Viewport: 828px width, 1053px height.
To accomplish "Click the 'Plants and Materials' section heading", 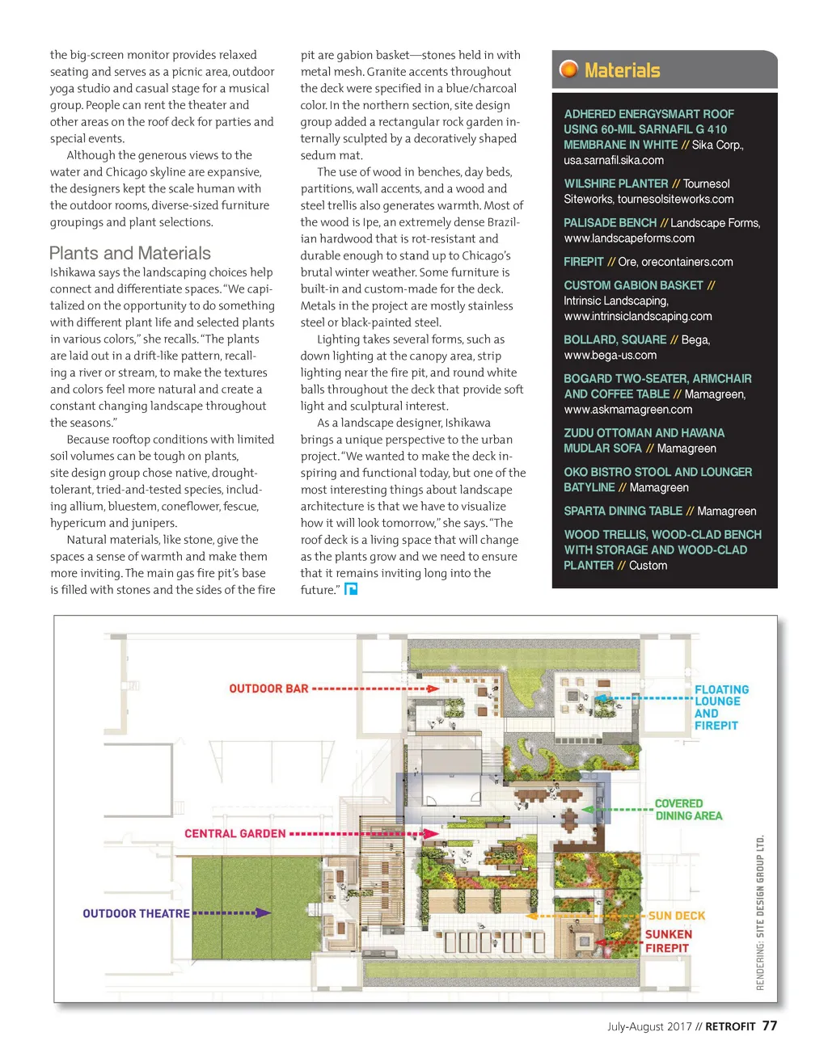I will tap(129, 253).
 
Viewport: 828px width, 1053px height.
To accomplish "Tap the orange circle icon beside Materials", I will tap(569, 69).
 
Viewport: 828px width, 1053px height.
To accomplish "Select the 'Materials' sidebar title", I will tap(622, 70).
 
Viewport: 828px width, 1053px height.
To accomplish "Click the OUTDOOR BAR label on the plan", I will tap(268, 689).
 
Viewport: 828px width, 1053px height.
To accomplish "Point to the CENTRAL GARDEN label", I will tap(234, 833).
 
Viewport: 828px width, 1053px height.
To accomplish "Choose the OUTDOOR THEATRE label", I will tap(136, 913).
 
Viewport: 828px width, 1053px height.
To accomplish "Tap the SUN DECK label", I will tap(677, 916).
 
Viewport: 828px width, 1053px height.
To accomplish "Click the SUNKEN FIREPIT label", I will tap(668, 941).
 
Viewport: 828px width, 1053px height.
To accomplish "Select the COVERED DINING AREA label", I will tap(688, 809).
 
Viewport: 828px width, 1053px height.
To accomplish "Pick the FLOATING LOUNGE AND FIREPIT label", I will tap(721, 707).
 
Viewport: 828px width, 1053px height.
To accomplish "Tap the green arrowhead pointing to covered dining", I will tap(589, 809).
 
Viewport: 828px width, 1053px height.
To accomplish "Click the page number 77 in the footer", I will tap(769, 1026).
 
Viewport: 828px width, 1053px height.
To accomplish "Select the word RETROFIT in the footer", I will tap(730, 1026).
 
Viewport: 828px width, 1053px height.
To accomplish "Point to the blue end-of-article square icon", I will tap(351, 589).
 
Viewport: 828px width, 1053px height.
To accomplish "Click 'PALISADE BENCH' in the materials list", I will tap(610, 223).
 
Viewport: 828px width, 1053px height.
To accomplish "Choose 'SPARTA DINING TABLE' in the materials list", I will tap(623, 511).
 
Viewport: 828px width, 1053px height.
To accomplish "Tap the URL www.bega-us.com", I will tap(610, 355).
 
